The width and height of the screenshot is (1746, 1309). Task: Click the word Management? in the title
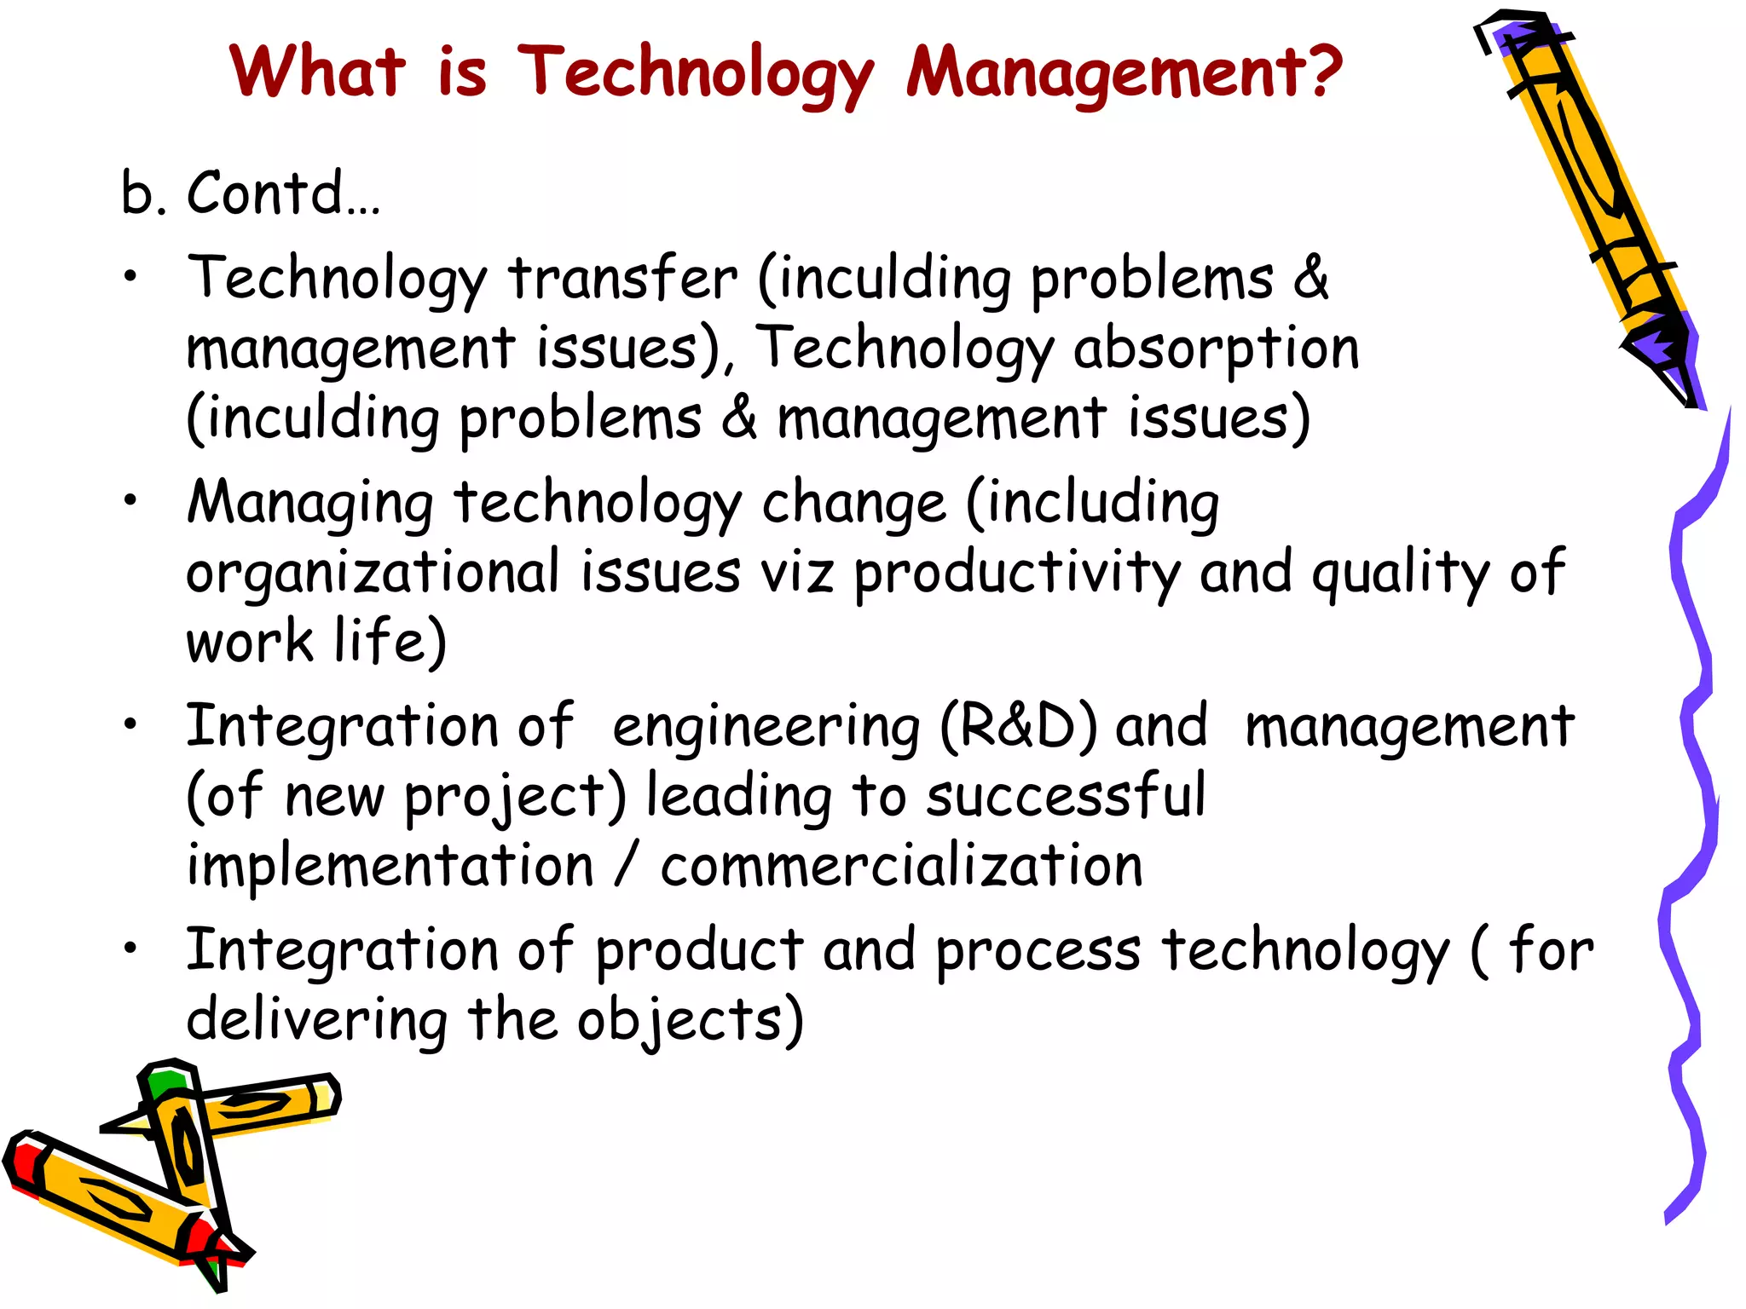click(1124, 72)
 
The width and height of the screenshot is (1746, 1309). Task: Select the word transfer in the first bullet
click(623, 279)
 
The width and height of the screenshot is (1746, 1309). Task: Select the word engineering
click(766, 729)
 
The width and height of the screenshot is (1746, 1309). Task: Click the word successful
click(1066, 797)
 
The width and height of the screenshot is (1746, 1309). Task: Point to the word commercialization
click(901, 867)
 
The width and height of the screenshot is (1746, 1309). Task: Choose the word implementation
click(390, 867)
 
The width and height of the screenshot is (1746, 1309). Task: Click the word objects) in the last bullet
click(690, 1020)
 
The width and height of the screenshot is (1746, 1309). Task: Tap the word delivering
click(316, 1022)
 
